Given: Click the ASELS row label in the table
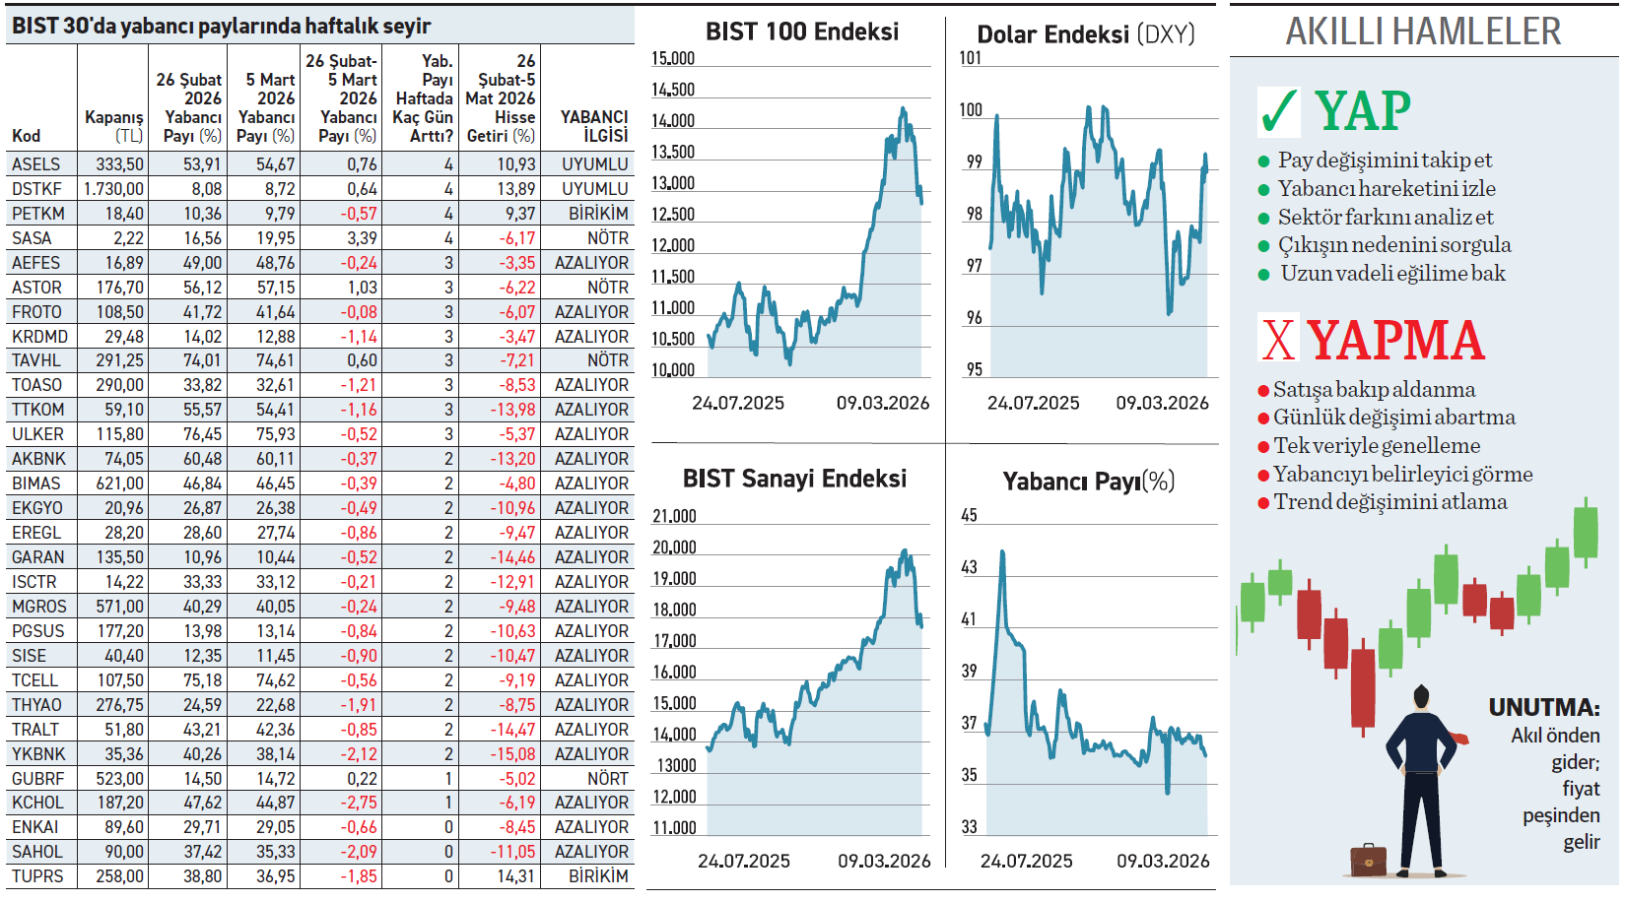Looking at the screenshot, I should coord(36,164).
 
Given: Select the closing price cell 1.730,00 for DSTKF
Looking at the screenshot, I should coord(114,189).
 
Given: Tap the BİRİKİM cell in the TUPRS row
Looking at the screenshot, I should coord(598,876).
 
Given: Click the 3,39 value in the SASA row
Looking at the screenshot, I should coord(362,238).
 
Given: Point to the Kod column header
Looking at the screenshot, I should coord(27,136).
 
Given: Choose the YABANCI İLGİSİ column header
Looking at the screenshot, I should coord(594,126).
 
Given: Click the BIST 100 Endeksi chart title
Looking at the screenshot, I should coord(802,32).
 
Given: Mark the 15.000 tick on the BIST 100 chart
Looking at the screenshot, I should coord(673,59).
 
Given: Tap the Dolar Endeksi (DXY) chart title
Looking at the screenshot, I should coord(1086,34).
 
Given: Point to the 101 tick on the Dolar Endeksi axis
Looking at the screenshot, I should coord(971,58).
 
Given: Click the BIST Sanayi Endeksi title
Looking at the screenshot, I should coord(794,480).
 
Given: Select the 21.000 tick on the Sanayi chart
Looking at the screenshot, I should coord(674,517).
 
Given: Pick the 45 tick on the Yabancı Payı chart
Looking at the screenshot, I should coord(970,516).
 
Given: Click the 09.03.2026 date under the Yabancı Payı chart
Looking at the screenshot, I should coord(1163,862).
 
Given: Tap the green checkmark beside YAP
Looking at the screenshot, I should coord(1278,111).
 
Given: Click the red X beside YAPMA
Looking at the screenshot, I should coord(1278,340).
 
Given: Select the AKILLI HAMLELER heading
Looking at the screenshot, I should coord(1423,32).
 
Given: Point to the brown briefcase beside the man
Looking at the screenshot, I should coord(1368,859).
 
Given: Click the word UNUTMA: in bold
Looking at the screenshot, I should coord(1544,708).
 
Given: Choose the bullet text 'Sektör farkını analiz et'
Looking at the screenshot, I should coord(1386,218).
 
